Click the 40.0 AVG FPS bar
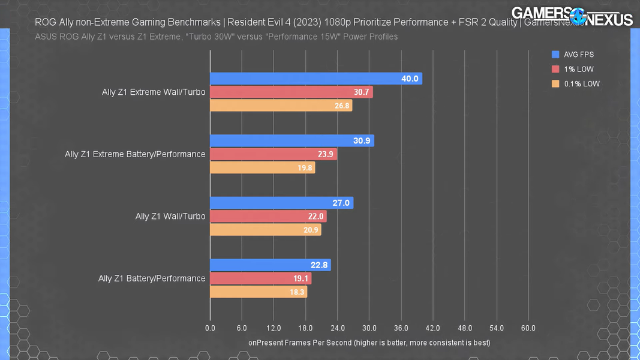click(316, 79)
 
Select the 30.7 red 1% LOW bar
click(292, 92)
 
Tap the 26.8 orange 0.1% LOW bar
click(281, 106)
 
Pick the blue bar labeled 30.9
click(292, 140)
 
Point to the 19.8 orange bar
click(262, 167)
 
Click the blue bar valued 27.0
click(281, 203)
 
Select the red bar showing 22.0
click(268, 216)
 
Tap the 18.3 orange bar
click(259, 292)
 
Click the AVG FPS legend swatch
click(555, 55)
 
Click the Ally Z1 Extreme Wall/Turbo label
click(154, 92)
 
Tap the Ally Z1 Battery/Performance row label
click(152, 278)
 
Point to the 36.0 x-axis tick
click(401, 328)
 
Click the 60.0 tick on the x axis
click(528, 328)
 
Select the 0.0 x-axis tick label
click(210, 328)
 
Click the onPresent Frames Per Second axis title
click(369, 343)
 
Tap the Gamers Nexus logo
click(572, 17)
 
